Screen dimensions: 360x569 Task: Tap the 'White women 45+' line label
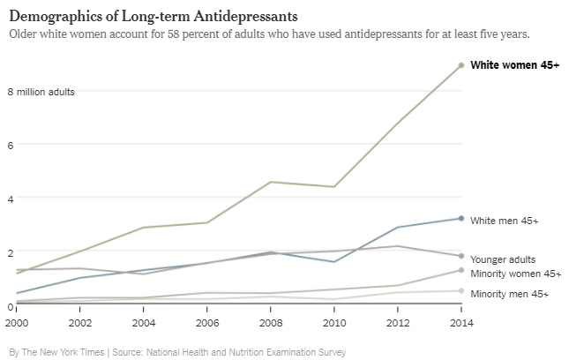[514, 65]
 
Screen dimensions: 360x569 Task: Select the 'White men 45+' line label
[505, 221]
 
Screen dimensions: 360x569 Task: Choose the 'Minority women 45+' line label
[516, 274]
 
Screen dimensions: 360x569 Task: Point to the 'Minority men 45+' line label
[509, 293]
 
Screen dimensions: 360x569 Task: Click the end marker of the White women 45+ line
[461, 65]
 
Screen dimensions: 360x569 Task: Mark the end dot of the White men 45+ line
[461, 218]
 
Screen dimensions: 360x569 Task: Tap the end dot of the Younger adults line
[461, 256]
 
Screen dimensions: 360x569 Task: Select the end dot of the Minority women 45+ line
[461, 270]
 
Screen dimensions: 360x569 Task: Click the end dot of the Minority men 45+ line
[461, 290]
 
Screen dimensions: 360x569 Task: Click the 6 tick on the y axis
[11, 145]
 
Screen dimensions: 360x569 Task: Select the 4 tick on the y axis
[11, 199]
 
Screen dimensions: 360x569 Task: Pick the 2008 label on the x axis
[270, 324]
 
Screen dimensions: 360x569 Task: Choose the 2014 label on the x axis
[461, 324]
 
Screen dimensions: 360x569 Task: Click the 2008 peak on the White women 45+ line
[270, 182]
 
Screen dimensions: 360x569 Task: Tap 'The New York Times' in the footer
[64, 352]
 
